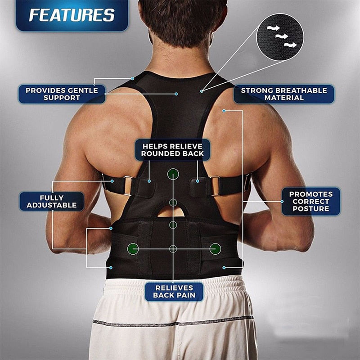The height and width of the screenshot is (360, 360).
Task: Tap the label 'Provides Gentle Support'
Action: (x=62, y=94)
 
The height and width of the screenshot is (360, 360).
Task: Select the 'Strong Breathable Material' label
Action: (x=284, y=94)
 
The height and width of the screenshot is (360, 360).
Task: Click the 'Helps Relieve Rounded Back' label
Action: (x=173, y=150)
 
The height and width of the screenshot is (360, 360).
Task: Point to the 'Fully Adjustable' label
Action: (x=51, y=201)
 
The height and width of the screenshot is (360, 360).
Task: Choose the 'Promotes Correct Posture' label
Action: (x=311, y=201)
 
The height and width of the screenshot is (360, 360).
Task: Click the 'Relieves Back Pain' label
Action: (x=173, y=292)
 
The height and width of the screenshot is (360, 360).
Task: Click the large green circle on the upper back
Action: (x=173, y=174)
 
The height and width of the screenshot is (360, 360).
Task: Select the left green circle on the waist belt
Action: (x=132, y=248)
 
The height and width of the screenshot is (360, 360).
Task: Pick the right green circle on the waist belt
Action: (x=215, y=248)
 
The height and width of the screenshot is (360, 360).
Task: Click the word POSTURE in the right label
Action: (x=311, y=209)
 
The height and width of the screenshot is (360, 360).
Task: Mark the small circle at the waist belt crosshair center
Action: (x=173, y=248)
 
